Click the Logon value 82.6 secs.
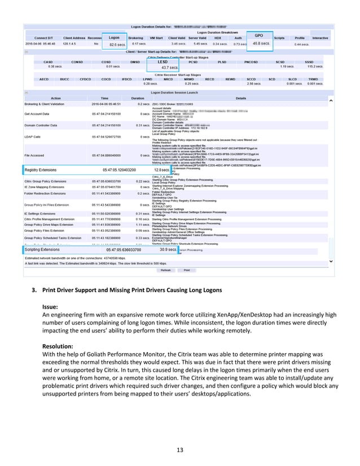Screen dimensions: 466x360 117,44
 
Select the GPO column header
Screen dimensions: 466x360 260,35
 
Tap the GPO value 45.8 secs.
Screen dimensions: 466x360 260,43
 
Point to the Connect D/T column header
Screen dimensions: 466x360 45,38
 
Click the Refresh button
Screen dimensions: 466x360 165,270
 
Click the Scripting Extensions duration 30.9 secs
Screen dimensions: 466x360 167,249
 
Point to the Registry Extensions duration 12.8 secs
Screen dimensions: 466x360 161,169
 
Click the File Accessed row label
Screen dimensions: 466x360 38,155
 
